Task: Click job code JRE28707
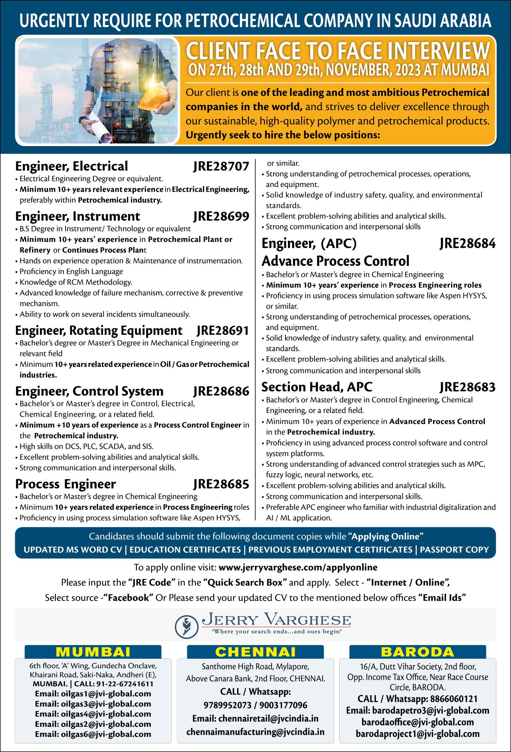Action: [221, 166]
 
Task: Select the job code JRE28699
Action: [221, 216]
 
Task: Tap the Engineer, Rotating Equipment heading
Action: [99, 330]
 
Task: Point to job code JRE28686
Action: [221, 391]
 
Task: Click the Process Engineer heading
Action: [65, 484]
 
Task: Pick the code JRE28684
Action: [467, 243]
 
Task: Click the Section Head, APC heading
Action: [317, 387]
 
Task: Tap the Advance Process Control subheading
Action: [335, 261]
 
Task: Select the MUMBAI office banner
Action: [93, 652]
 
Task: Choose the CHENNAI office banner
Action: [255, 652]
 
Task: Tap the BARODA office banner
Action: [418, 652]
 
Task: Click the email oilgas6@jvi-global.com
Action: [93, 734]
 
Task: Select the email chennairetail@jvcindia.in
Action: [255, 718]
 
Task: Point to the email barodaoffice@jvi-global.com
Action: [418, 722]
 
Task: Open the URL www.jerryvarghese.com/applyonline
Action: [298, 567]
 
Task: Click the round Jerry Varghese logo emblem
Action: [186, 626]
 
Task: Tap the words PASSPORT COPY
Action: [454, 550]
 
